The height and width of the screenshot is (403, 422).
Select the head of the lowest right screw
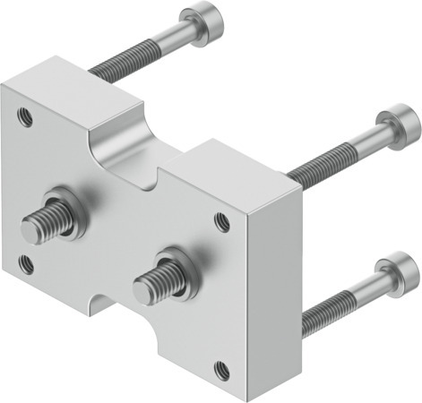point(396,272)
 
